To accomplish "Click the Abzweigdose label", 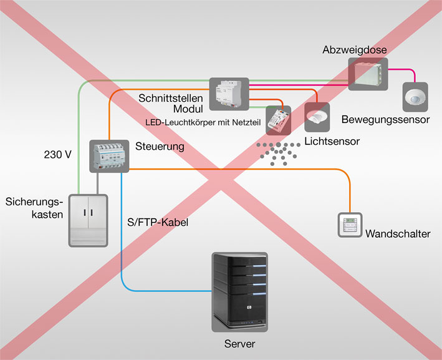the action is (x=355, y=50).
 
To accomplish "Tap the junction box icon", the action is (x=368, y=74).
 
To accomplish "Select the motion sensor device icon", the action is (x=415, y=97).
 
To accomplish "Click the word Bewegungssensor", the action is (x=385, y=120).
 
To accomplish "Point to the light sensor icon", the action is (x=317, y=117).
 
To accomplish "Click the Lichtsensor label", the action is (x=332, y=142).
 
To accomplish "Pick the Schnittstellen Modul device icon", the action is (x=229, y=94).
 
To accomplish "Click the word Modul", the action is (x=188, y=109).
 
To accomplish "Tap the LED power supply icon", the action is (x=279, y=120).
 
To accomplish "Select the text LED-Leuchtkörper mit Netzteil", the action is (x=203, y=123).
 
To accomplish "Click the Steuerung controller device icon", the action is (x=109, y=156).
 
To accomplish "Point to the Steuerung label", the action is (x=160, y=147).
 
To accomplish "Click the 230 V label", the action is (x=58, y=155).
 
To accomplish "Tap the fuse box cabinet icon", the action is (x=89, y=221).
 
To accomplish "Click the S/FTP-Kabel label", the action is (x=158, y=222).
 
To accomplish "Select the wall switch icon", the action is (x=350, y=225).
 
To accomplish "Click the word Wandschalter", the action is (x=398, y=234).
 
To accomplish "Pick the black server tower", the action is (x=239, y=292).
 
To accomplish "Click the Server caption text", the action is (x=239, y=344).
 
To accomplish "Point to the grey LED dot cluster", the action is (x=278, y=153).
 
